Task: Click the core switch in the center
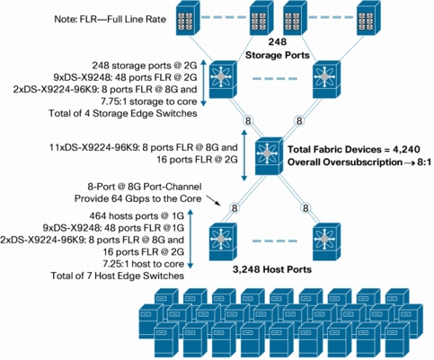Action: tap(269, 156)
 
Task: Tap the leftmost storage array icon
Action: tap(188, 18)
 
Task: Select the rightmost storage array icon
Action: tap(368, 18)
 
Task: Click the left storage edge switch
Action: tap(223, 79)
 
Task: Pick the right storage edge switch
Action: tap(326, 79)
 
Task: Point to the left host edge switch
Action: tap(223, 241)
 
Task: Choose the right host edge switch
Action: tap(326, 241)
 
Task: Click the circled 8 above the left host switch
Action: tap(235, 207)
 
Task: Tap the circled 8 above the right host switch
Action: tap(306, 207)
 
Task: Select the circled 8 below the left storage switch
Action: tap(248, 121)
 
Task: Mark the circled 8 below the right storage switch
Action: tap(299, 121)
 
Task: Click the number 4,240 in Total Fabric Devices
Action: tap(405, 149)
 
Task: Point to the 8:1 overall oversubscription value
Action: tap(422, 162)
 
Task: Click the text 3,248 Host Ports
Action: tap(272, 269)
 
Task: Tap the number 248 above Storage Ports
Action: tap(277, 42)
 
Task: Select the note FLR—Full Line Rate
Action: tap(111, 20)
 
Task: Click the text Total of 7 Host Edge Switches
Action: tap(118, 276)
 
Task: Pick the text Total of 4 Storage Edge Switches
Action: tap(123, 113)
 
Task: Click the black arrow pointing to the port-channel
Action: tap(214, 201)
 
